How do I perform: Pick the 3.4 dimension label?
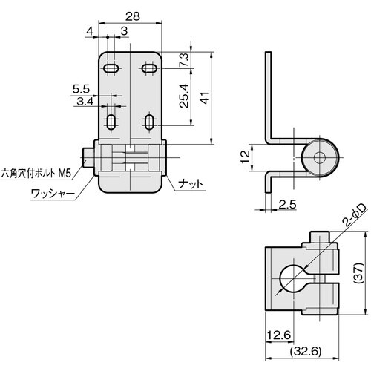coord(85,101)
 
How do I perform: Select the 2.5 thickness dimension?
coord(288,203)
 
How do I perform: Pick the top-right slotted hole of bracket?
coord(148,68)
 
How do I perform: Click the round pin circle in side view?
coord(320,157)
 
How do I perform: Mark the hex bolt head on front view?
coord(88,157)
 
